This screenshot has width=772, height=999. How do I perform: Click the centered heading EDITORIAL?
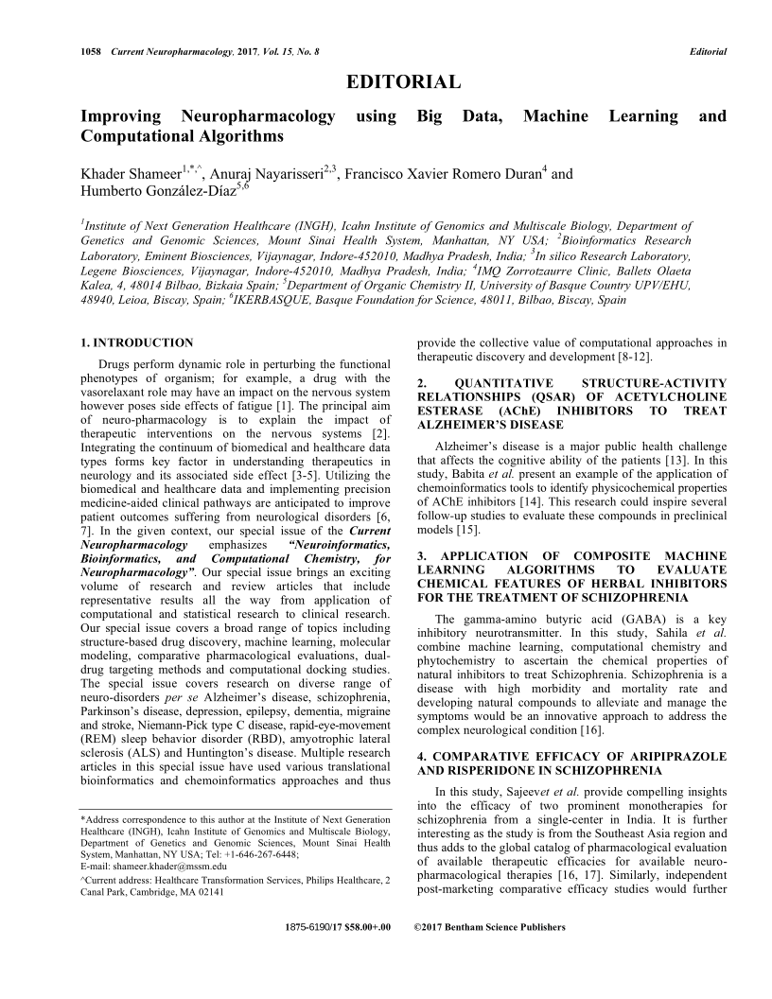[404, 82]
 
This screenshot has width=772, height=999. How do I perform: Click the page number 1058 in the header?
[93, 50]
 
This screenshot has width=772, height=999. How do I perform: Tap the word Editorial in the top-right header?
[708, 50]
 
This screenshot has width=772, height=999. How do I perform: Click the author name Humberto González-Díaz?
[156, 195]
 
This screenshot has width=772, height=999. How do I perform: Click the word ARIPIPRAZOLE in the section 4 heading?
[675, 757]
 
